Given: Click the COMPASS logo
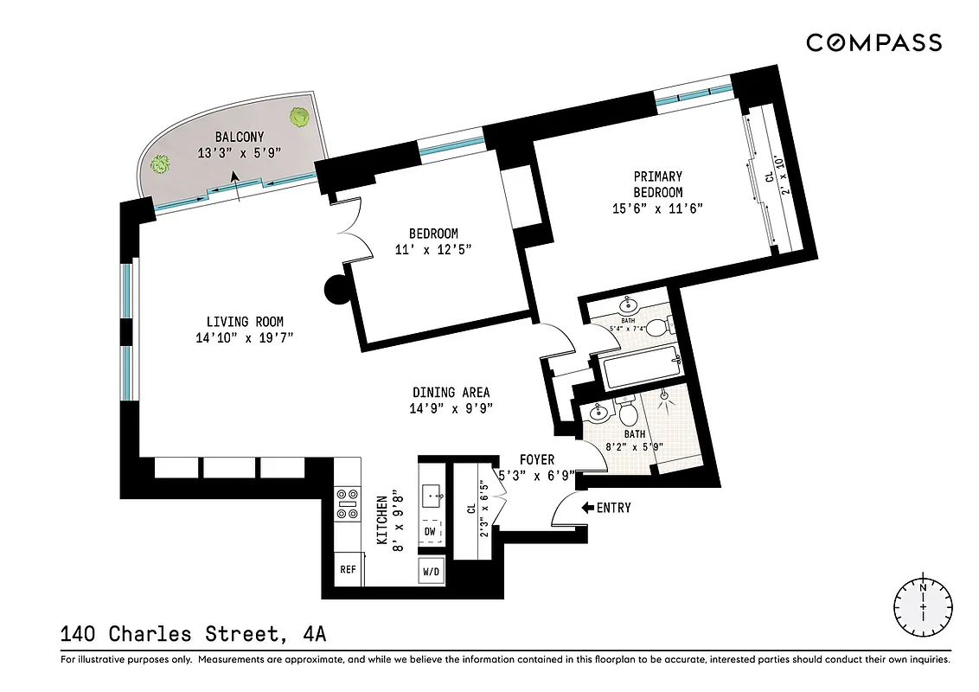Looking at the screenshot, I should (x=873, y=42).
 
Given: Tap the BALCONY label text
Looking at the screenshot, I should (x=239, y=138).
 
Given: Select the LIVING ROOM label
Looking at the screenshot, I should (x=245, y=322).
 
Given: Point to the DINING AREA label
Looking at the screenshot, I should (x=451, y=393).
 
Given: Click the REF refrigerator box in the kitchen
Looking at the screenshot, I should (x=348, y=569).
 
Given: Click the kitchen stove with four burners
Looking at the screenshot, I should (x=348, y=503).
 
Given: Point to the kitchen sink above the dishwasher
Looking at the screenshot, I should (x=431, y=497).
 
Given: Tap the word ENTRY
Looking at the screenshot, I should (x=613, y=508).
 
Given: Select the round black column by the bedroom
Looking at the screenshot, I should (x=336, y=290).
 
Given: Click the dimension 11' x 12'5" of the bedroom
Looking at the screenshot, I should (x=433, y=250).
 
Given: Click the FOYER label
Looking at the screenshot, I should (x=536, y=459).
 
